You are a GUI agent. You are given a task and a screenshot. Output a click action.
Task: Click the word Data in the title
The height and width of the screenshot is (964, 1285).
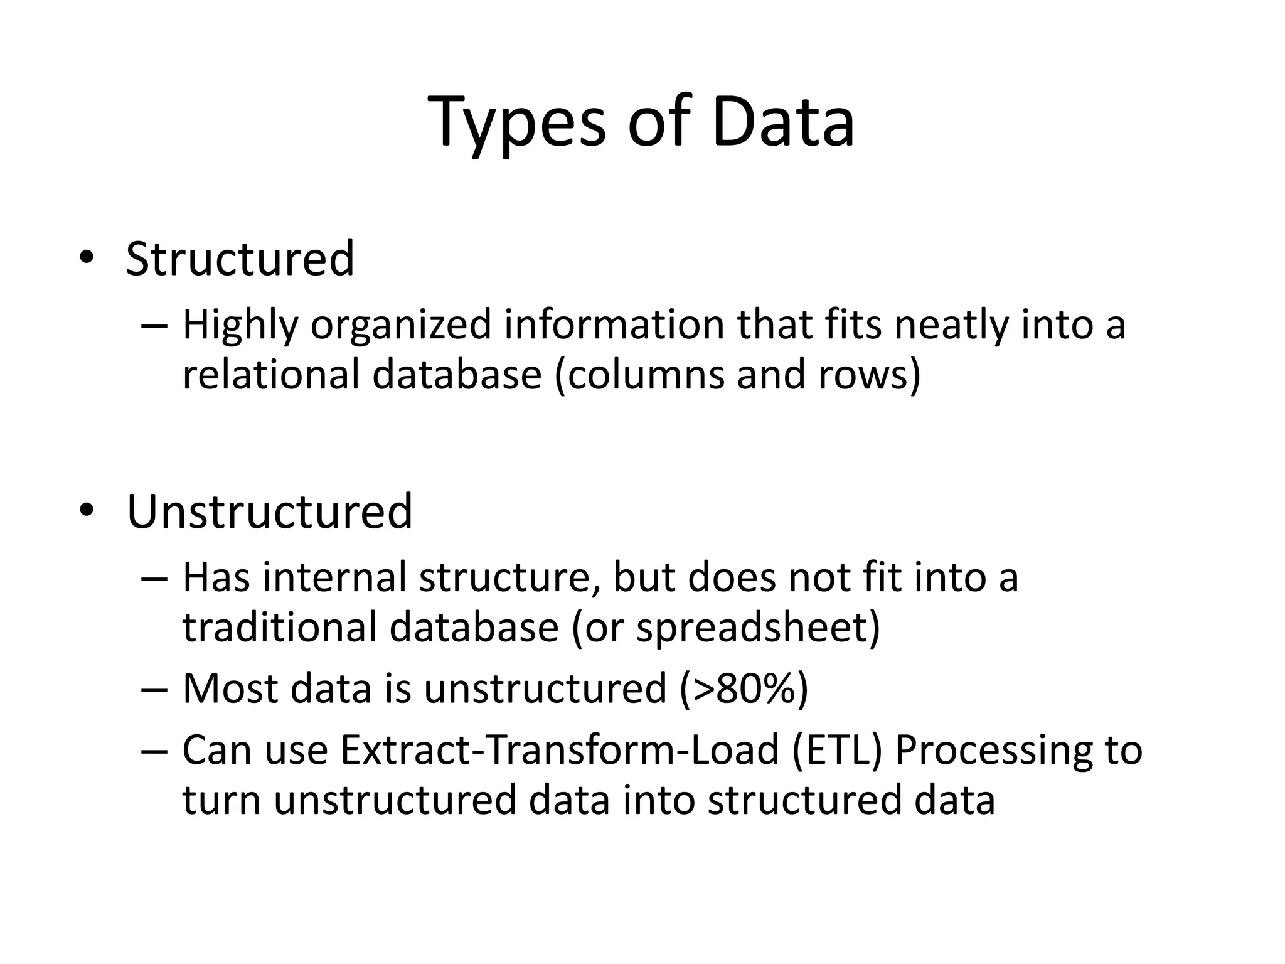tap(782, 122)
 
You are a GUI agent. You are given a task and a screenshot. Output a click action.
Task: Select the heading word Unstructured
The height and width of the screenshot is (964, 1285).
tap(269, 511)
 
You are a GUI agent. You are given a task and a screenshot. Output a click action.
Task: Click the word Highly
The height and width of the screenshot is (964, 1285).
tap(240, 326)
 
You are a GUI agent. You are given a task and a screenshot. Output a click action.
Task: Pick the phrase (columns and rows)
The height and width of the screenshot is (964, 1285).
tap(738, 375)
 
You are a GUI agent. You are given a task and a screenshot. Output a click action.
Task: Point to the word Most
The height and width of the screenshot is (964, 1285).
tap(230, 688)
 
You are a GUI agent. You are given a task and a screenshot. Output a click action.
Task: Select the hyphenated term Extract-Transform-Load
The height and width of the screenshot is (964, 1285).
tap(559, 750)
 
